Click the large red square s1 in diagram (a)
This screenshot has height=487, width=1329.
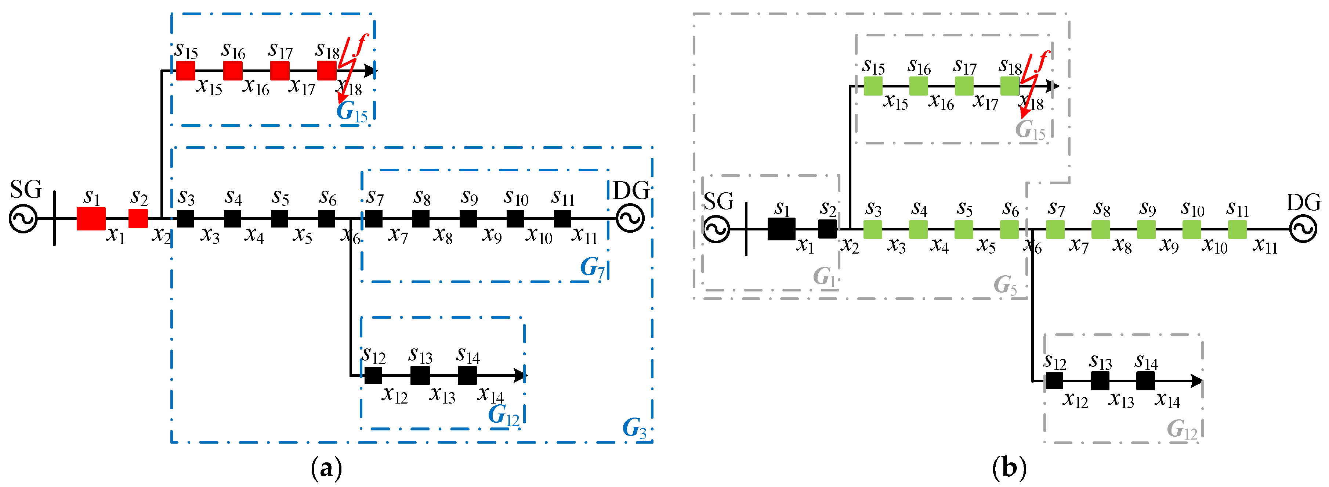pos(91,218)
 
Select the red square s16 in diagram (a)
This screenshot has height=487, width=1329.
pos(233,70)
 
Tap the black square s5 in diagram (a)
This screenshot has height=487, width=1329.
pos(280,218)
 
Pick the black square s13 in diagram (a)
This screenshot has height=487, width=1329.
pos(420,376)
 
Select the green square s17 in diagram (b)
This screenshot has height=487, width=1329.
pos(964,86)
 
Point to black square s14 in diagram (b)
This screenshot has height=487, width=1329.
pos(1145,381)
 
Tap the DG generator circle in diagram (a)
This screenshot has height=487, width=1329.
pos(630,218)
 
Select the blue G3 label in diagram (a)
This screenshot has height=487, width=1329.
pos(634,427)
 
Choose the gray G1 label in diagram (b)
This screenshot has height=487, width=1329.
pos(825,277)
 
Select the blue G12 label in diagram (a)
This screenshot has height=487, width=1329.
pos(504,415)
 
